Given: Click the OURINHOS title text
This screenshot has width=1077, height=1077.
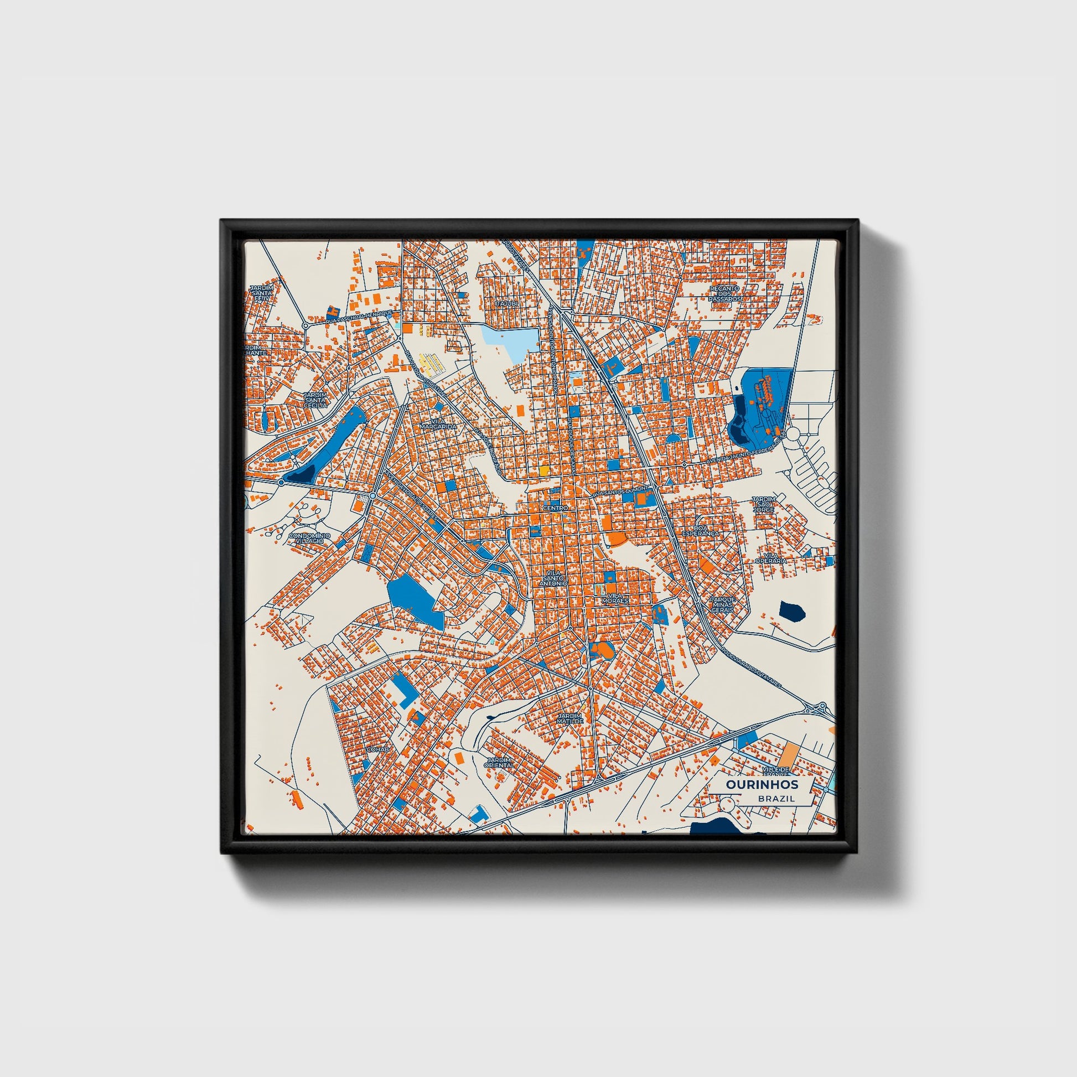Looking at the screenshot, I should (762, 784).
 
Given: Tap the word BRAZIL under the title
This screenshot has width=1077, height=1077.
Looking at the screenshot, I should (776, 798).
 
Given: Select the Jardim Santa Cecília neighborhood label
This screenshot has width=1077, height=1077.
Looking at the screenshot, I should (315, 400).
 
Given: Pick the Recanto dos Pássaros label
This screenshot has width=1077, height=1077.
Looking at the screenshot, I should (724, 294).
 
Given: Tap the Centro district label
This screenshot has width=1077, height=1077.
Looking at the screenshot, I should (555, 509).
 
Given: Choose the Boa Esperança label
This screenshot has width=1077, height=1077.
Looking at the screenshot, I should (701, 530).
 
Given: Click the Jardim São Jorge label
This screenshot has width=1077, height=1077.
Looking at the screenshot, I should (763, 504).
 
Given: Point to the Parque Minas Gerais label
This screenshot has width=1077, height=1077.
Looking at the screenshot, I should (722, 604).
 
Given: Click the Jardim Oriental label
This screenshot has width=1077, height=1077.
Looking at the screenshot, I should (499, 763).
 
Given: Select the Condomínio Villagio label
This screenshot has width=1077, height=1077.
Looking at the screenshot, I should (309, 538).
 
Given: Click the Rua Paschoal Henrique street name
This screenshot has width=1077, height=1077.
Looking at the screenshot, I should (359, 318).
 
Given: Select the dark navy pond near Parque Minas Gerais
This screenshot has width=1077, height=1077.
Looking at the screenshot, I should (792, 612).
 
